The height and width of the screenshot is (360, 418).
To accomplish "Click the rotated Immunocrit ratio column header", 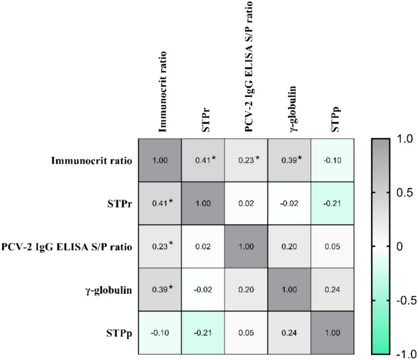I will pos(161,92).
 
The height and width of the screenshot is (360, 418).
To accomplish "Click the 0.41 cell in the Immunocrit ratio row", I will pos(203,160).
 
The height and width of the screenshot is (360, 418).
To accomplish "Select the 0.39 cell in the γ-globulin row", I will pos(160,289).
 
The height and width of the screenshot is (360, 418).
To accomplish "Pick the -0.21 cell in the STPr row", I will pos(332,203).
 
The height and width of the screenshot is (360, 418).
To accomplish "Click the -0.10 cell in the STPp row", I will pos(160,332).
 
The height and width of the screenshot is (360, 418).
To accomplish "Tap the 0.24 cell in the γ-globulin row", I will pos(332,289).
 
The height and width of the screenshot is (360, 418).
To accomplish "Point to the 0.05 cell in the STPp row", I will pos(247,332).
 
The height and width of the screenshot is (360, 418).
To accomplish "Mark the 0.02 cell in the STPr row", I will pos(247,203).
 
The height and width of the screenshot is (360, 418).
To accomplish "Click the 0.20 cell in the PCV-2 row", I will pos(289,247).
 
